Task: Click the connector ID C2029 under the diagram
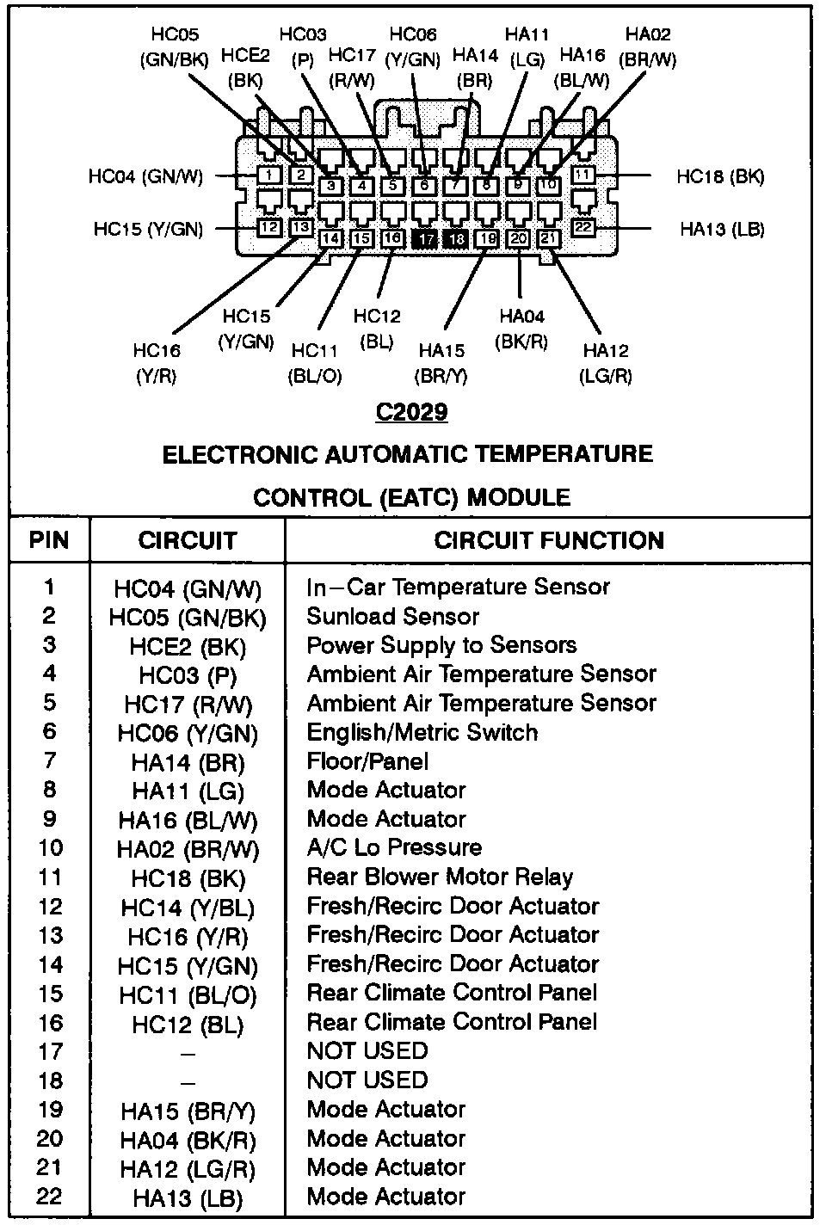coord(411,412)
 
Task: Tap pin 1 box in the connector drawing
coord(269,175)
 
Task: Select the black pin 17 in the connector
coord(426,238)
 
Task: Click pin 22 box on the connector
coord(583,228)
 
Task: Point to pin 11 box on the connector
coord(583,175)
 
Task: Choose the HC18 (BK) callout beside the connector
coord(720,176)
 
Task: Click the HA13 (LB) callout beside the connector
coord(722,229)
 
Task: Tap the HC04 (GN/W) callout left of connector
coord(145,176)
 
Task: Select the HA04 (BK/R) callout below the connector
coord(521,329)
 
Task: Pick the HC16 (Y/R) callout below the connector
coord(157,363)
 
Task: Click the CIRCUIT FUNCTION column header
coord(548,540)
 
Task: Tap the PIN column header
coord(49,540)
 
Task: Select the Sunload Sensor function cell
coord(392,616)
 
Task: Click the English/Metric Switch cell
coord(422,732)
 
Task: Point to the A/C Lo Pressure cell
coord(394,847)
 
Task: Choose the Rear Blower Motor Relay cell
coord(439,877)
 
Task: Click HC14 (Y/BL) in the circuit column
coord(188,908)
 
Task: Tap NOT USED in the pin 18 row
coord(367,1080)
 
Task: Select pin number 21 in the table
coord(50,1167)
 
